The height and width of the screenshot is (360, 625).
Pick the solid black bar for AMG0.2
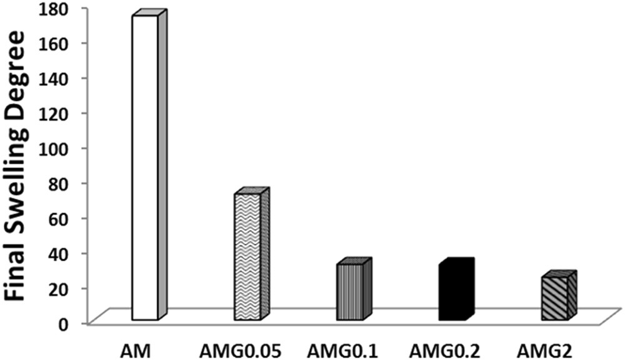coord(451,292)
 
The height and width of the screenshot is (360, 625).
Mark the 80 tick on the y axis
coord(71,184)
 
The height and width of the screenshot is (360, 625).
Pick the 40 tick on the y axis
coord(71,254)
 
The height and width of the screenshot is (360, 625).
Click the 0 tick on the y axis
coord(76,323)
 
